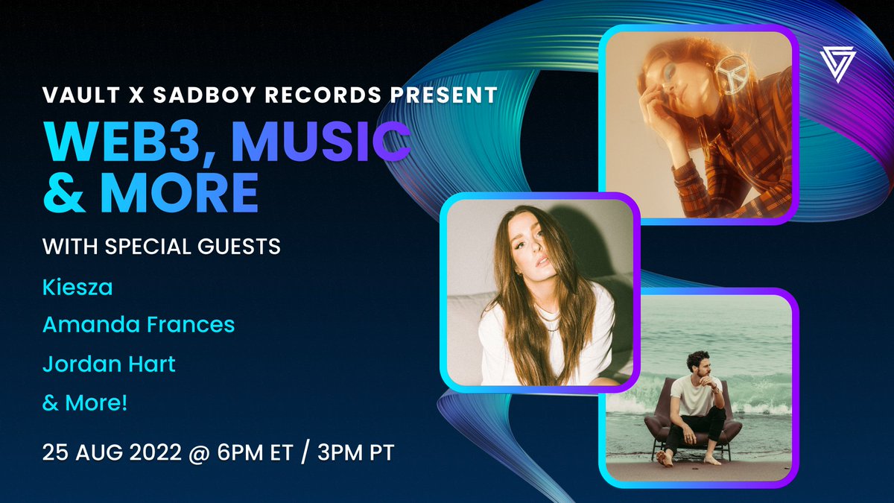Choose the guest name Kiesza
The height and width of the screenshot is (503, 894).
(77, 288)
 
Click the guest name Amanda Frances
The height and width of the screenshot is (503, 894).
(139, 324)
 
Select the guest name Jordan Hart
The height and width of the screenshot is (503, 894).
(109, 365)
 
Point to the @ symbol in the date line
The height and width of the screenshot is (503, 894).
(210, 452)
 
